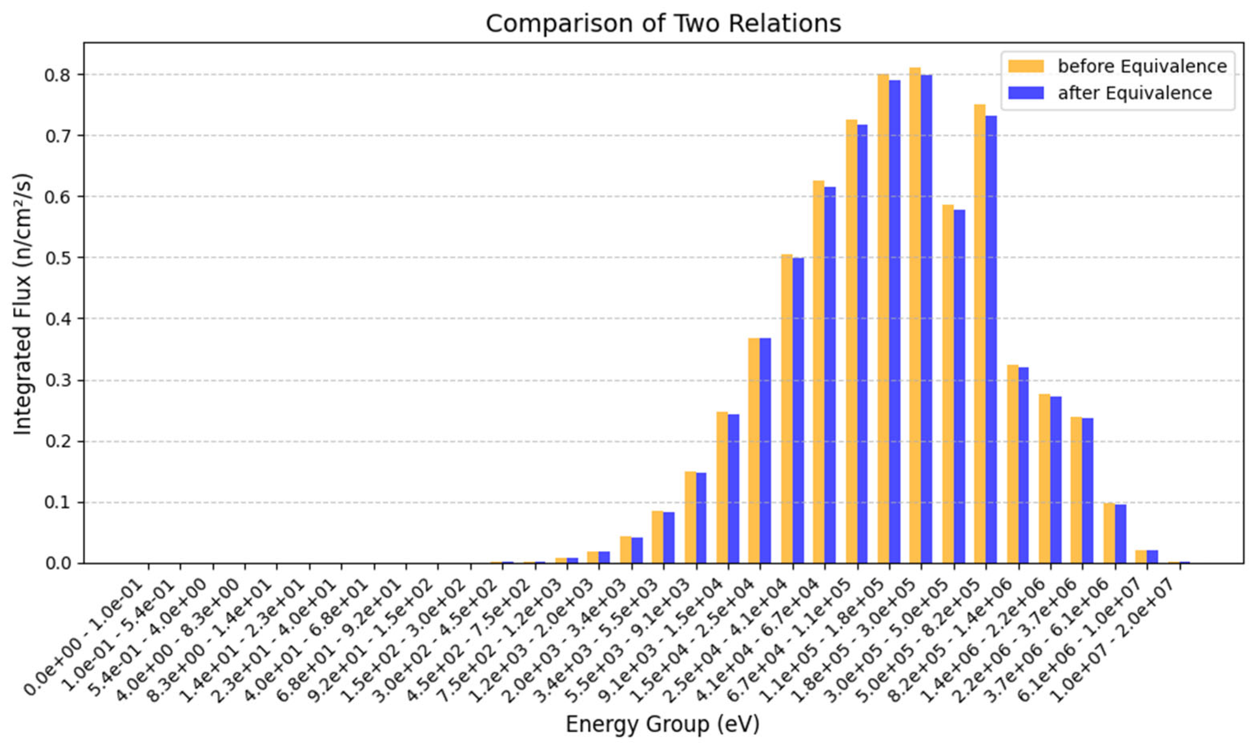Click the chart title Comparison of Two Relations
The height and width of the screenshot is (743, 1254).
(663, 24)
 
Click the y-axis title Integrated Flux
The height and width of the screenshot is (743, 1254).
(22, 304)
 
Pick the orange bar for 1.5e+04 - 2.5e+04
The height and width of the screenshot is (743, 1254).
(754, 451)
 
